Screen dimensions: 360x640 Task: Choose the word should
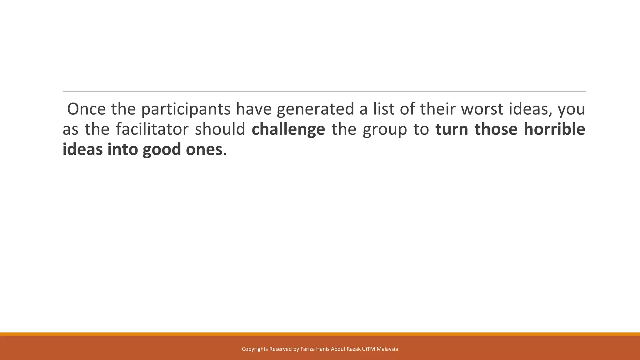coord(220,129)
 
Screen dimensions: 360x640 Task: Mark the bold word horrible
coord(554,129)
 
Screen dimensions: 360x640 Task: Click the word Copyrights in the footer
coord(255,349)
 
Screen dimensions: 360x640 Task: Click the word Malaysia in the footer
coord(387,349)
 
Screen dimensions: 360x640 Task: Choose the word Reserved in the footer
coord(280,349)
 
